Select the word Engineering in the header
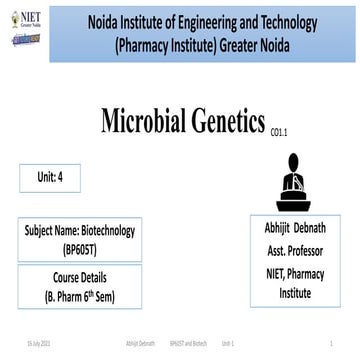click(x=214, y=20)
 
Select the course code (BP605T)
click(x=77, y=247)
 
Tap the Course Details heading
click(x=78, y=277)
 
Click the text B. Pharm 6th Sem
click(x=78, y=295)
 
